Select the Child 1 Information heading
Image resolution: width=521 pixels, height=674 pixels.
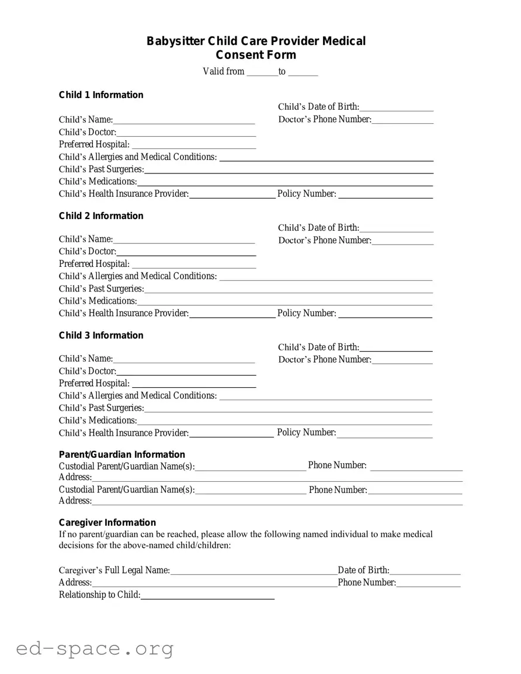pos(101,95)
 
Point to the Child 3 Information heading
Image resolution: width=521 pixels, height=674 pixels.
pos(101,335)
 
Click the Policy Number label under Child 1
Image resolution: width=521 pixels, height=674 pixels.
pos(307,194)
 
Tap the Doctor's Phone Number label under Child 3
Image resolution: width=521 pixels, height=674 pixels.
pos(325,360)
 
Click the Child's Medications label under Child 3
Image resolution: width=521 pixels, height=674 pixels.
pos(98,421)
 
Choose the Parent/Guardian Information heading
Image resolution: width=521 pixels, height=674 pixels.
pos(122,454)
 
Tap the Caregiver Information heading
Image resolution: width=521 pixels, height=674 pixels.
pos(107,522)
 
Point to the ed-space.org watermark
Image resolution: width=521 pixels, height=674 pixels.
pos(95,649)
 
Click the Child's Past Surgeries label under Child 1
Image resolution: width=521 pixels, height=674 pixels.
pos(101,169)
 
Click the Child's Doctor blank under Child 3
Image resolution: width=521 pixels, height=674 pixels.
pos(186,373)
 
